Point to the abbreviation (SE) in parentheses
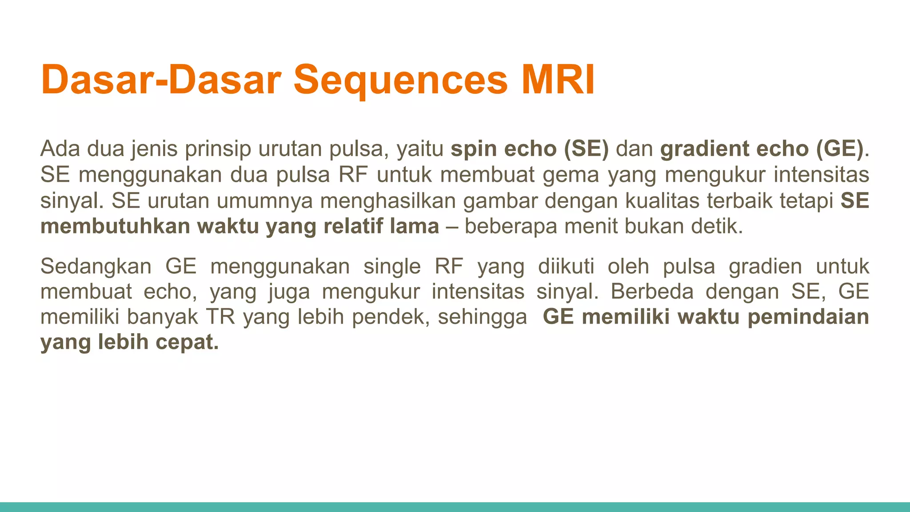(586, 148)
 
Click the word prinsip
(218, 148)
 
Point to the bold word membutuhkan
(115, 226)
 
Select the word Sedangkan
(96, 266)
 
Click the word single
(392, 266)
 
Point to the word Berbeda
(652, 292)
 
